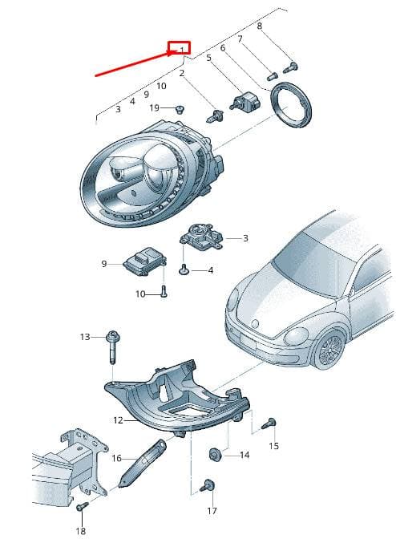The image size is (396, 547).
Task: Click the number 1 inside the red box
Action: pos(182,51)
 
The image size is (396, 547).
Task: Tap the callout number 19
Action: pos(154,108)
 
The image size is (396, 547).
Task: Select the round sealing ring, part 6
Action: pos(292,105)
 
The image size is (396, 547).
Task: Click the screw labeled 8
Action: pos(290,67)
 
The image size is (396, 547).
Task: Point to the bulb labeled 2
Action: pos(215,115)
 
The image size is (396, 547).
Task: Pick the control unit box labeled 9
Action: pos(144,261)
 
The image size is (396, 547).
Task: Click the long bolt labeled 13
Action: pos(112,346)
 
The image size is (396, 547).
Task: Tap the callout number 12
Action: pos(118,420)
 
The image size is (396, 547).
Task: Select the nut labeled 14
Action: pos(214,455)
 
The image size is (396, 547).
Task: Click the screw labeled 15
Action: pos(269,423)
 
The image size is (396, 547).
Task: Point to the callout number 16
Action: pos(117,458)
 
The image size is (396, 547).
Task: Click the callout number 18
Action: pos(80,531)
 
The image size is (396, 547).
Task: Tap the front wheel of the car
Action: pos(330,350)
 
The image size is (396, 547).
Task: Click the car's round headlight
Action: pos(297,337)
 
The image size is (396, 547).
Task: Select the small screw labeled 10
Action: pos(164,291)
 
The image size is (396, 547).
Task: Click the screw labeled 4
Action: pos(184,269)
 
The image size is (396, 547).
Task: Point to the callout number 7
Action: pos(240,39)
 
